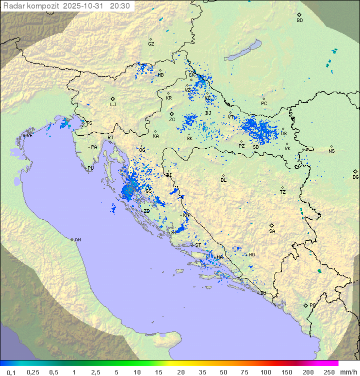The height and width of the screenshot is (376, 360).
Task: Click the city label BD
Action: pos(299,21)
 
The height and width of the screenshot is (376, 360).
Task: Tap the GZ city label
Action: pos(151,44)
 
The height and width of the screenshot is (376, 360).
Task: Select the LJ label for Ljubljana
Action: pos(113,105)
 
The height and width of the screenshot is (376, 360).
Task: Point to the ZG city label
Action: pos(172,120)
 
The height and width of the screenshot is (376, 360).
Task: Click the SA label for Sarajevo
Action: pos(272,231)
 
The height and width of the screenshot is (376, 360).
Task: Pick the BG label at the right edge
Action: pos(355,177)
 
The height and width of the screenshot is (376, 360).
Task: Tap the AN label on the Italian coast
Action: pos(77,240)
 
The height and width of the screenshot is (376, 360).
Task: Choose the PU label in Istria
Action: pos(90,168)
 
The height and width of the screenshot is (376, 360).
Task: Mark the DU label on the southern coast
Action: pos(262,293)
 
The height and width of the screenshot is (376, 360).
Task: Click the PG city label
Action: pos(312,305)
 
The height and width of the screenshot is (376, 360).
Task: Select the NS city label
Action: pos(331,151)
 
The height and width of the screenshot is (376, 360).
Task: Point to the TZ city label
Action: pos(282,192)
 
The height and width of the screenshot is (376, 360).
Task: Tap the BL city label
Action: pos(223,180)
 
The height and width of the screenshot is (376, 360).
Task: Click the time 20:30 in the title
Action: pos(119,6)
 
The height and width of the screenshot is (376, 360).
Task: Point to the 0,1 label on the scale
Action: pos(11,372)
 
